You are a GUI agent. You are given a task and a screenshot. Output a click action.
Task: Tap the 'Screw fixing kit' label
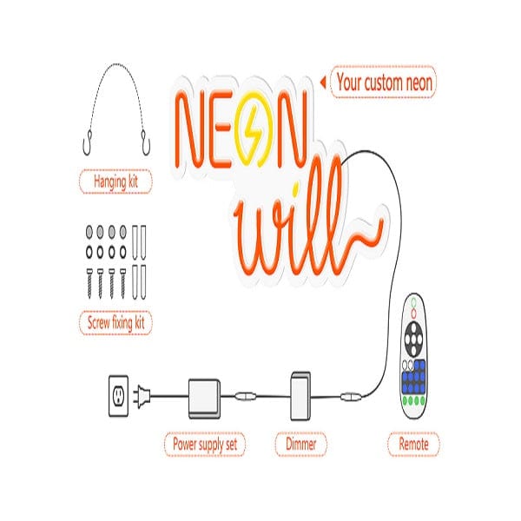[x=115, y=323]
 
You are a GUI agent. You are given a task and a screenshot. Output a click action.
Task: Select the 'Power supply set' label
[x=205, y=445]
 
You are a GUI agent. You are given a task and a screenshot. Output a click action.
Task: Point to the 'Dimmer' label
[x=300, y=445]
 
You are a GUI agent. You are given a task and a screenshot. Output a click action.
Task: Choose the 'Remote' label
[x=413, y=445]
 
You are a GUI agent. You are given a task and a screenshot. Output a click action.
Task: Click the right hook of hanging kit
[x=147, y=137]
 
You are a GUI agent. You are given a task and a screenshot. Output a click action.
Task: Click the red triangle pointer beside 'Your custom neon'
[x=323, y=83]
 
